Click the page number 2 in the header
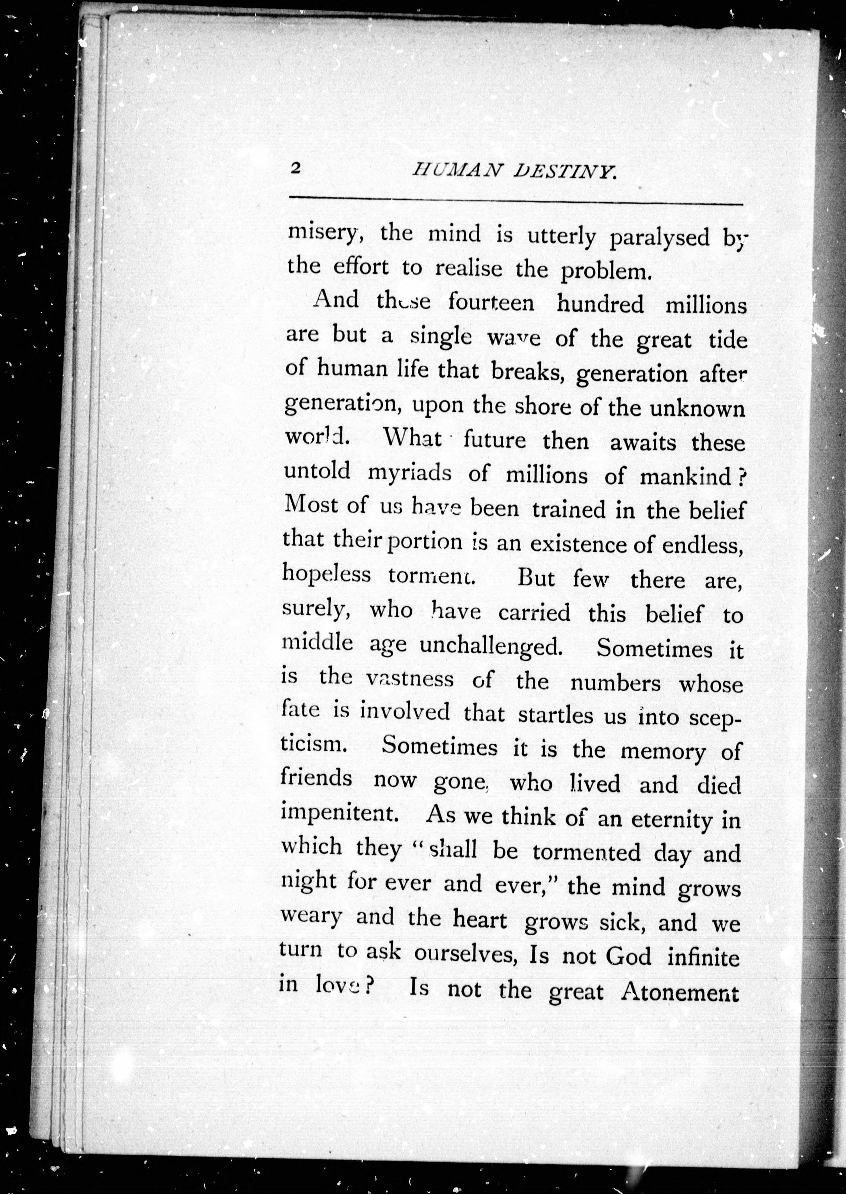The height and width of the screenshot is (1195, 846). (295, 169)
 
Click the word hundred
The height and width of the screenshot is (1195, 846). (600, 304)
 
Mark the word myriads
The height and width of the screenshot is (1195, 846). (410, 473)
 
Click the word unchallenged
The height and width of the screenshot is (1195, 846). (491, 646)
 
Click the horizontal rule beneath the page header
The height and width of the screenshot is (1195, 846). (516, 200)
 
